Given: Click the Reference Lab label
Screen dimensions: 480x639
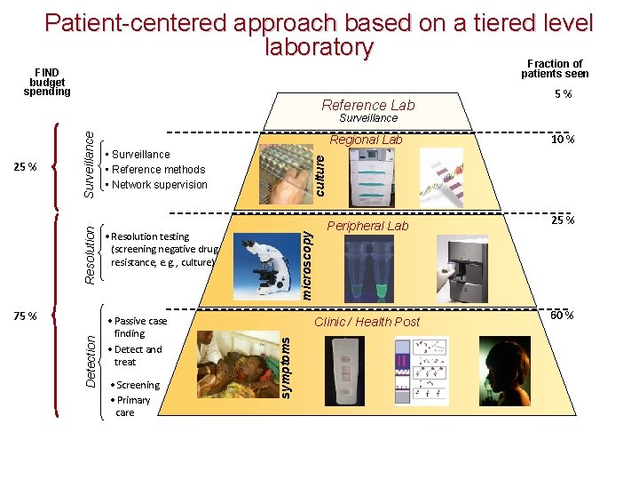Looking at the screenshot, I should click(367, 105).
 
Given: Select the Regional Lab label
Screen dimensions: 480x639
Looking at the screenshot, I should click(366, 140).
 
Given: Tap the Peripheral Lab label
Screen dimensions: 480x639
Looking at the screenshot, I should click(367, 226).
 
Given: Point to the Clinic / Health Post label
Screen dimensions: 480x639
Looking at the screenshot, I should click(367, 322).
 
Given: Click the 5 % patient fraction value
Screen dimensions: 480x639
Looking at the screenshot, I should click(562, 95).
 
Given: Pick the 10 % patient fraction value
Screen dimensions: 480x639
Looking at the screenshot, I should click(562, 140).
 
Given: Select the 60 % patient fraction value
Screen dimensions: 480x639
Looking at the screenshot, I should click(562, 316).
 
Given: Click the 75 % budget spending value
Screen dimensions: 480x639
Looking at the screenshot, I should click(26, 316).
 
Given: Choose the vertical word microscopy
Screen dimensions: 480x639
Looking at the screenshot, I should click(305, 264).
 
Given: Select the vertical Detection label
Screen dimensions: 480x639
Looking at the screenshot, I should click(91, 360).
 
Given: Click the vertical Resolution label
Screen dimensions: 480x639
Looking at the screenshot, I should click(91, 253).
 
